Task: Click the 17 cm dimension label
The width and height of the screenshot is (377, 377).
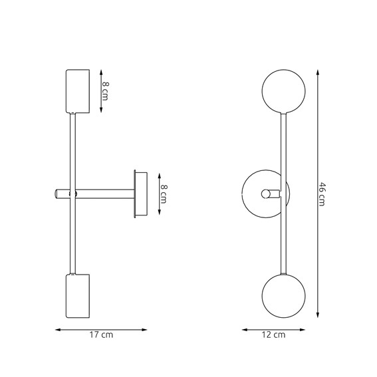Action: [x=101, y=334]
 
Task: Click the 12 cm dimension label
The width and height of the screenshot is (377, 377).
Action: [x=274, y=334]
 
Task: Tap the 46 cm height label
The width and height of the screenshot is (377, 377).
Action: [x=322, y=194]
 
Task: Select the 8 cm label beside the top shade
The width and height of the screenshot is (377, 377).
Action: [x=105, y=91]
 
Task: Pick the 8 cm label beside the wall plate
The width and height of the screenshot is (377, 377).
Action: [x=164, y=194]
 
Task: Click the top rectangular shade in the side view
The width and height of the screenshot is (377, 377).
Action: [x=78, y=91]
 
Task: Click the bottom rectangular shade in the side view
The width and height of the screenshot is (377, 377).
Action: [x=78, y=296]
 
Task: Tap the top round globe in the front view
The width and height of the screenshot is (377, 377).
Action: [x=284, y=91]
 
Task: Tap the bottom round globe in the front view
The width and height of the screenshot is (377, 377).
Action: [x=284, y=296]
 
